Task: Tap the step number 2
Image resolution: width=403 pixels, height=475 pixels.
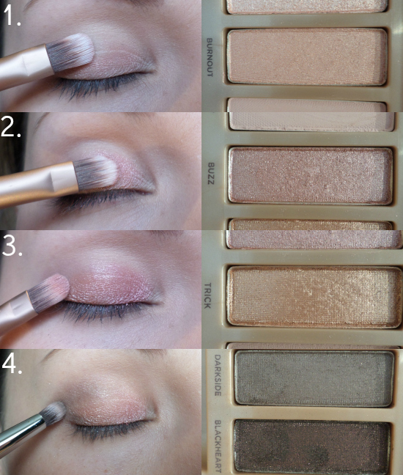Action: coord(11,128)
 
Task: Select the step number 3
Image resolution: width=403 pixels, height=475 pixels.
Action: coord(12,246)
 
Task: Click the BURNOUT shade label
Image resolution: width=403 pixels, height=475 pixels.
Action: coord(210,57)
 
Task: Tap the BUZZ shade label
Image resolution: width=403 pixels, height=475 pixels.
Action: coord(211,174)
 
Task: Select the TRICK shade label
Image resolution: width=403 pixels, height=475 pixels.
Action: coord(207,295)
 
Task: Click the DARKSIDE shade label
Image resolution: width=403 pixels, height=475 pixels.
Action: coord(218,375)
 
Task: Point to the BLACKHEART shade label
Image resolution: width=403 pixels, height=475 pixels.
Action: coord(218,446)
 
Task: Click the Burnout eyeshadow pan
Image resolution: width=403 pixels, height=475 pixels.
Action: coord(307,56)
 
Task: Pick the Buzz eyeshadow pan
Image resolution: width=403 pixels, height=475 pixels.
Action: coord(311,175)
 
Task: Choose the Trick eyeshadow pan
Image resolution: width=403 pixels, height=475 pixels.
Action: coord(314,297)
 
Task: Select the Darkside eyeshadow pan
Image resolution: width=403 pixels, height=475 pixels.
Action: coord(314,378)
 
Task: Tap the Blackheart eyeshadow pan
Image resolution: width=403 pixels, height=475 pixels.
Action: coord(312,446)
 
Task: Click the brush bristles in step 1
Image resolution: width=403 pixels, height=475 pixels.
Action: coord(70,53)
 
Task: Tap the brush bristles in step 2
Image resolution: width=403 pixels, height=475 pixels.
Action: coord(95,174)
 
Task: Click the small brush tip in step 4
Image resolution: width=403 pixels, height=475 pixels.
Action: coord(53,413)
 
